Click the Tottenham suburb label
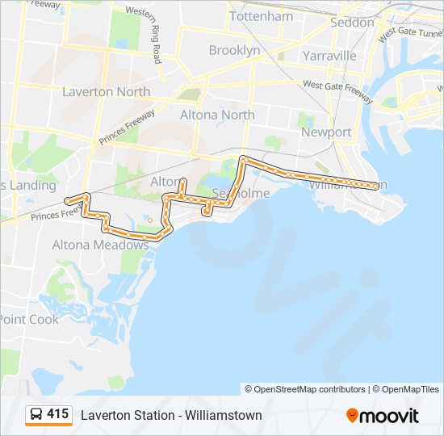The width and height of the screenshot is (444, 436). [261, 16]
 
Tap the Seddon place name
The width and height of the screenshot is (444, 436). [353, 23]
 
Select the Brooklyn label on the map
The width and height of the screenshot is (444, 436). [234, 50]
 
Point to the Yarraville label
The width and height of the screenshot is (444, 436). [329, 56]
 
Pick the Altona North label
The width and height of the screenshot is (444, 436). [216, 115]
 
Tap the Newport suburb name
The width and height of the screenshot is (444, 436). [326, 132]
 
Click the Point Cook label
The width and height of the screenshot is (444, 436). [29, 319]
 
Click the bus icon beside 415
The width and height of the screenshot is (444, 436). [36, 415]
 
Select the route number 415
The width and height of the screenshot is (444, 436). [57, 414]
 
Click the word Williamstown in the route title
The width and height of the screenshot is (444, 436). [224, 415]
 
